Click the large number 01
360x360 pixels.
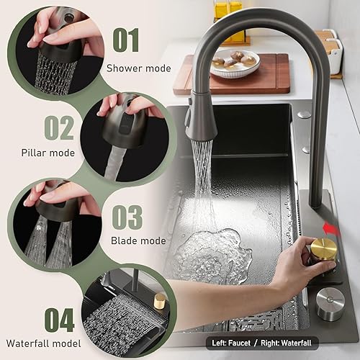click(126, 40)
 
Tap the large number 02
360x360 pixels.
click(59, 127)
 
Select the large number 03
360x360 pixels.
click(127, 217)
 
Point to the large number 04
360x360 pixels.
click(60, 320)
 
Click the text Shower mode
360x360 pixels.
click(139, 68)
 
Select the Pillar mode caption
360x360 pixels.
click(48, 153)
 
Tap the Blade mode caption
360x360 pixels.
click(138, 240)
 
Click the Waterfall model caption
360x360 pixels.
click(44, 343)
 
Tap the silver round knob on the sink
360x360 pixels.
click(330, 304)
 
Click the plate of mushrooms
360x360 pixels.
click(235, 63)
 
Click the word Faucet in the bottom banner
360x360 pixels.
click(239, 343)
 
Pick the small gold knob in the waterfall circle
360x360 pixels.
click(159, 301)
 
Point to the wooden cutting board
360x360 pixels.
click(233, 74)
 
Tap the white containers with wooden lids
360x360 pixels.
click(329, 52)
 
